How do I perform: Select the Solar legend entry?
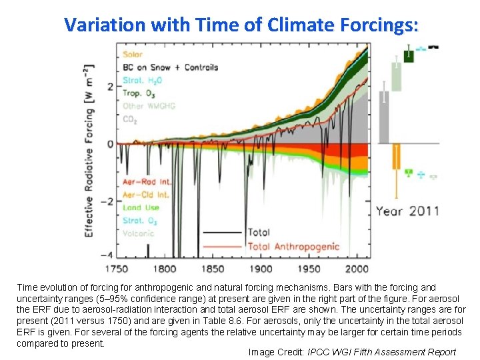(133, 55)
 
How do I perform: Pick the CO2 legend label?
(131, 119)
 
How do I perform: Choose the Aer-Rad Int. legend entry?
(147, 182)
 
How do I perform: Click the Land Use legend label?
(141, 207)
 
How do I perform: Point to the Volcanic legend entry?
(138, 233)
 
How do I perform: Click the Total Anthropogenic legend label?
(293, 247)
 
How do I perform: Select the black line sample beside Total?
(222, 233)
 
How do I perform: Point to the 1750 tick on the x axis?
(117, 269)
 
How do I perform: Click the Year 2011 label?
(407, 211)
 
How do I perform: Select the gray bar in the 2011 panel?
(384, 117)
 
